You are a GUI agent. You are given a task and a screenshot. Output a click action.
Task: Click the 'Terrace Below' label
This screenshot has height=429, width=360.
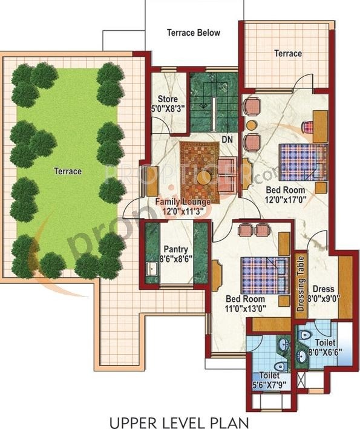pos(194,33)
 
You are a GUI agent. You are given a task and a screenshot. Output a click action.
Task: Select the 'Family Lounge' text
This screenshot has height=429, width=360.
pos(183,201)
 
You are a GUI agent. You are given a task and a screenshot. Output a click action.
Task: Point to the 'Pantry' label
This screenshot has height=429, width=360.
pos(175,249)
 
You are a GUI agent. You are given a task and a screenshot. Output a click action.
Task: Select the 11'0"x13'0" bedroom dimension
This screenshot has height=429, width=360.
pos(245,309)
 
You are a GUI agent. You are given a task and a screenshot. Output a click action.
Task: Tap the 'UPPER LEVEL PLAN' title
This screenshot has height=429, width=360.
pos(180,419)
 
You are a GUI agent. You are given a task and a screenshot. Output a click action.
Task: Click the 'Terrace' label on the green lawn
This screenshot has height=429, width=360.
pos(68,171)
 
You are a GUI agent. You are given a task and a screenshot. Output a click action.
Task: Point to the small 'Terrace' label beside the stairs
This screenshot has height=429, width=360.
pos(288,53)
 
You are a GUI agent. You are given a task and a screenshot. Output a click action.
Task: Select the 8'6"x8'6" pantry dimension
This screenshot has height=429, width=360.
pos(175,259)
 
